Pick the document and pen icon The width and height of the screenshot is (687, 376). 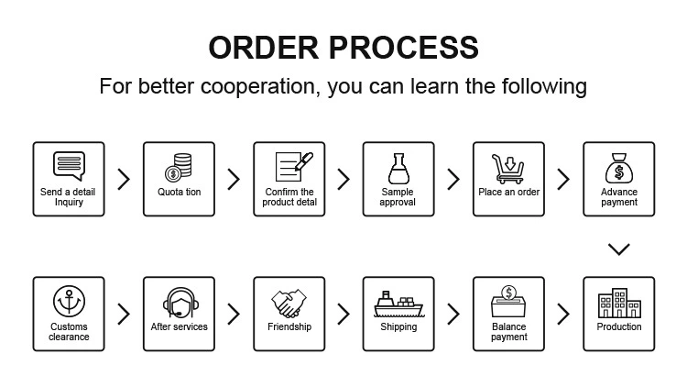tap(289, 166)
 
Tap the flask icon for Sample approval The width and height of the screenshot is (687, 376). tap(398, 168)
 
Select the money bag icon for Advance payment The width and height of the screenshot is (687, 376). tap(619, 168)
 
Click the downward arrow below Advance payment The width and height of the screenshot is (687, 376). tap(619, 249)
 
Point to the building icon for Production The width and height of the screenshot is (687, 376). tap(619, 304)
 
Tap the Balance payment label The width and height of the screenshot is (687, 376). tap(509, 331)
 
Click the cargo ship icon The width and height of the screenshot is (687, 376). tap(398, 304)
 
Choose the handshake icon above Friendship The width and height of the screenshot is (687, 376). tap(289, 304)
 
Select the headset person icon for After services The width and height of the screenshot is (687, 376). tap(179, 304)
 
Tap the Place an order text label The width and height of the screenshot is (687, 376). tap(509, 193)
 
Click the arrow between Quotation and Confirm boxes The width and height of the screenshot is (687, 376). tap(234, 179)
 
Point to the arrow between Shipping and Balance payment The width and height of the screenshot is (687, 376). tap(453, 315)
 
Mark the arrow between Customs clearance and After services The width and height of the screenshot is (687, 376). tap(124, 315)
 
